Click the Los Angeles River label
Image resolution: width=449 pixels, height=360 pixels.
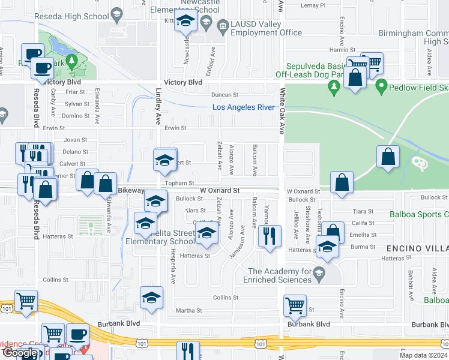[244, 107]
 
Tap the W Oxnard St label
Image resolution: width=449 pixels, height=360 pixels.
[220, 190]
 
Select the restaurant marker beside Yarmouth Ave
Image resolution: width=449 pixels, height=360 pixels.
[270, 236]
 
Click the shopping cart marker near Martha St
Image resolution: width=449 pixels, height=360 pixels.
[295, 306]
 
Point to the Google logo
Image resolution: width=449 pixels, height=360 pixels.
[20, 353]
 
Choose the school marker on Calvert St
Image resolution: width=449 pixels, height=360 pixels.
[165, 159]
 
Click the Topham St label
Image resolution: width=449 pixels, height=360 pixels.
[180, 183]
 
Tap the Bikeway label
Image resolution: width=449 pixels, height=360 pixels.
[131, 190]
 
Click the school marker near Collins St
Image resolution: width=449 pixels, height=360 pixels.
[151, 298]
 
